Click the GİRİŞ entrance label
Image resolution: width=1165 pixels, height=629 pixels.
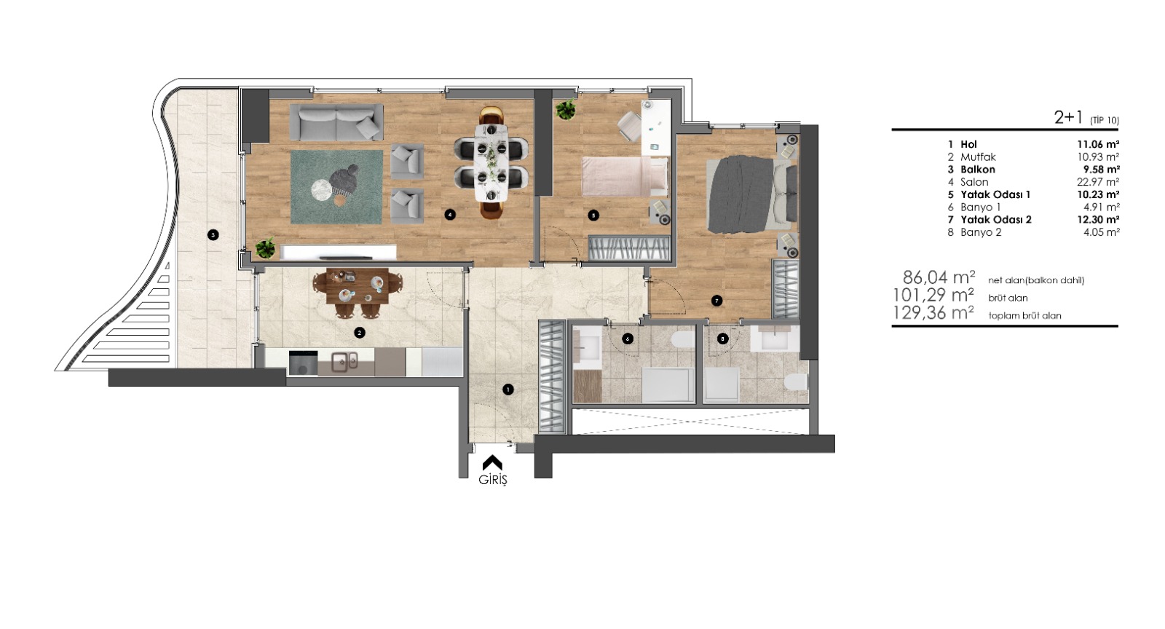pos(492,480)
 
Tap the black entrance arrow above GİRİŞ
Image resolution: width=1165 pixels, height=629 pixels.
pos(492,463)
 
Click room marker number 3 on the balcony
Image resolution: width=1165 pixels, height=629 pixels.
pos(213,235)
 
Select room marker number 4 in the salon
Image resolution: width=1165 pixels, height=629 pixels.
pos(450,214)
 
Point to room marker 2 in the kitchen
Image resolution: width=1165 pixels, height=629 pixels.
pos(359,333)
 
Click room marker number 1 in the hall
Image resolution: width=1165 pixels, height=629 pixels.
pos(508,389)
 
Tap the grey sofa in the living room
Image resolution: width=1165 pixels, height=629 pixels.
pos(336,122)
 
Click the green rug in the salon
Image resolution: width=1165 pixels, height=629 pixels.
pos(336,187)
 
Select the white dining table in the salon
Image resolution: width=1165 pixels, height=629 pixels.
pos(491,162)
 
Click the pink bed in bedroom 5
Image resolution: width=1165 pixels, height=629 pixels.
pos(625,176)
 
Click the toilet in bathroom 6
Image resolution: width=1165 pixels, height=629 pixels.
pos(682,339)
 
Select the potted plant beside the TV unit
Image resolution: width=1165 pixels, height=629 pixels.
pos(266,248)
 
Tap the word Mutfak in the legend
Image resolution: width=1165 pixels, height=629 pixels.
pos(978,157)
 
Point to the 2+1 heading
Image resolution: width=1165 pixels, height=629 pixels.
pos(1070,117)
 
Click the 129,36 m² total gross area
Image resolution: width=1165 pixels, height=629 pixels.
pos(933,313)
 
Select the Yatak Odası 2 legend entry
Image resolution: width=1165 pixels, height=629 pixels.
pos(996,219)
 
